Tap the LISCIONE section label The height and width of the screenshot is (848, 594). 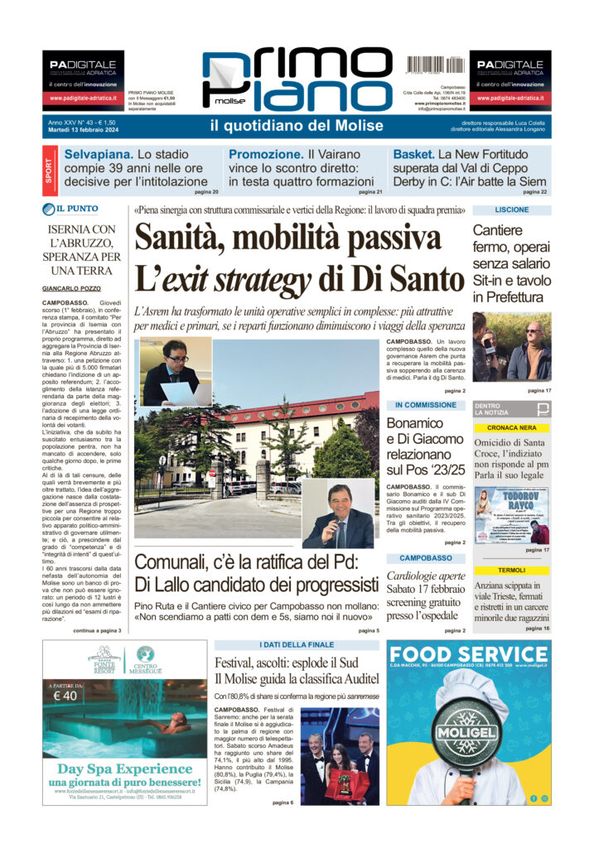coord(511,210)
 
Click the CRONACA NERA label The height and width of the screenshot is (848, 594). coord(511,427)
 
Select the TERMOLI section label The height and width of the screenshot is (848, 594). coord(511,571)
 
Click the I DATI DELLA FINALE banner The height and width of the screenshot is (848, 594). coord(296,645)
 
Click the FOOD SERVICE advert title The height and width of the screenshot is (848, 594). coord(467,653)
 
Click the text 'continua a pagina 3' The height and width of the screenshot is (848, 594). coord(97,631)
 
